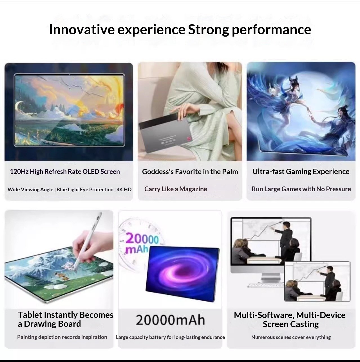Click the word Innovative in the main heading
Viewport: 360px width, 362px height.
click(82, 30)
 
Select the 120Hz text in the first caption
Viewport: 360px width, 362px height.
click(19, 172)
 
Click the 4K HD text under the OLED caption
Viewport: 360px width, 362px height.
click(124, 190)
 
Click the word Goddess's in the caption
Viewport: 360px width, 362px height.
click(158, 172)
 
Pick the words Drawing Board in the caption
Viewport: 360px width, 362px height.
click(52, 324)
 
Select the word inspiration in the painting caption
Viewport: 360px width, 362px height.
click(94, 337)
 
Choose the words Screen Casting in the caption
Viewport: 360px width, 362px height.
click(291, 324)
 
